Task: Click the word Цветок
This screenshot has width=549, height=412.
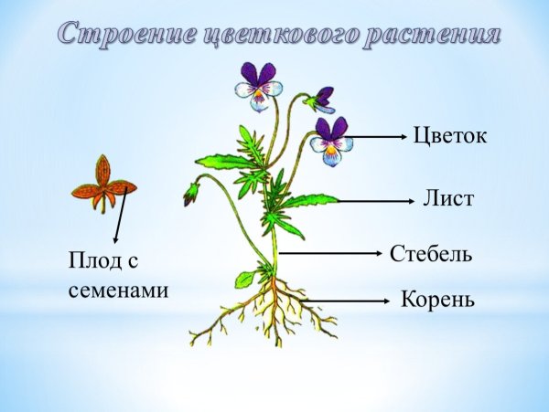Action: coord(450,136)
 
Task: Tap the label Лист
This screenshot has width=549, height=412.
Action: coord(448,198)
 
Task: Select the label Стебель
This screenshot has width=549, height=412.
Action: coord(431,253)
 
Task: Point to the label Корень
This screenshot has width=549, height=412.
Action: coord(437,299)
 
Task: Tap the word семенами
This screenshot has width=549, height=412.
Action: coord(119,291)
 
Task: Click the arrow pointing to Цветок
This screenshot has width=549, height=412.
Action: coord(375,137)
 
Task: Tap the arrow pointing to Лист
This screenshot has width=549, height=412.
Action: coord(371,199)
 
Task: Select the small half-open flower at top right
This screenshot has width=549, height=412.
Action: coord(321,98)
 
